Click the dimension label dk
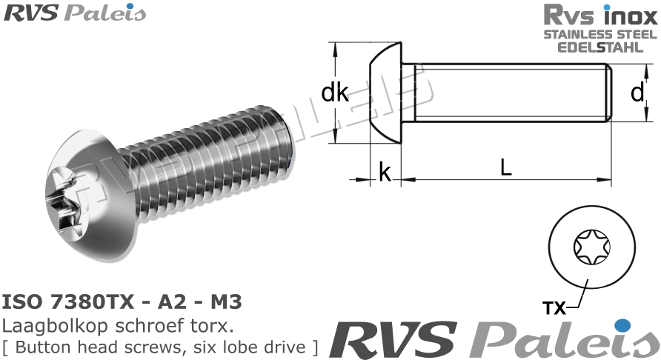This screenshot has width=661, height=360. point(335,93)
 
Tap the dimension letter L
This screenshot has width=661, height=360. point(505,168)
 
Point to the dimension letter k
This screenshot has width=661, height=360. point(385,173)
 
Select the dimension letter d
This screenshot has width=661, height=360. point(637,93)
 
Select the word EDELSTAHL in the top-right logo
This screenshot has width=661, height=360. point(600,47)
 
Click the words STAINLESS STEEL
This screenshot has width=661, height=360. point(600,34)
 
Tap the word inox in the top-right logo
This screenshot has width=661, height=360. point(629,15)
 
